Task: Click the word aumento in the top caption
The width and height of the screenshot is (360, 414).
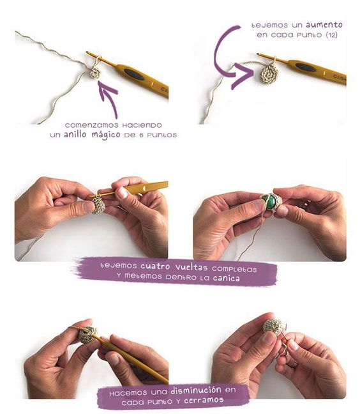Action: tap(324, 25)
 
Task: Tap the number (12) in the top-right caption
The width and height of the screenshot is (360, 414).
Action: tap(332, 35)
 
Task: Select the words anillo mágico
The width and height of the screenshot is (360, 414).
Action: tap(92, 135)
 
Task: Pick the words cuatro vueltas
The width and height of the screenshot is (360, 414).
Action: tap(174, 266)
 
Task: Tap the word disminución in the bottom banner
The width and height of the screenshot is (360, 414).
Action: tap(196, 390)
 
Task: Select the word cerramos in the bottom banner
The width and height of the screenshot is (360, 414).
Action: tap(204, 401)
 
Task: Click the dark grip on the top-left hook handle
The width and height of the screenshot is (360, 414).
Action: tap(134, 74)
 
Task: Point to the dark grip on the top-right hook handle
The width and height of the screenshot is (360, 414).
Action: tap(306, 67)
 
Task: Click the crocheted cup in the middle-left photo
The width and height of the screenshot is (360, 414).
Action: tap(98, 204)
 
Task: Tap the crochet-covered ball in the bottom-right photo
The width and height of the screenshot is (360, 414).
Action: tap(274, 327)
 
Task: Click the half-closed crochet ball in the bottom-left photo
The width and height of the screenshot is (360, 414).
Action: tap(87, 335)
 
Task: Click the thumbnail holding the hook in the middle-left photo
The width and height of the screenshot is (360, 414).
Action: tap(122, 194)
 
